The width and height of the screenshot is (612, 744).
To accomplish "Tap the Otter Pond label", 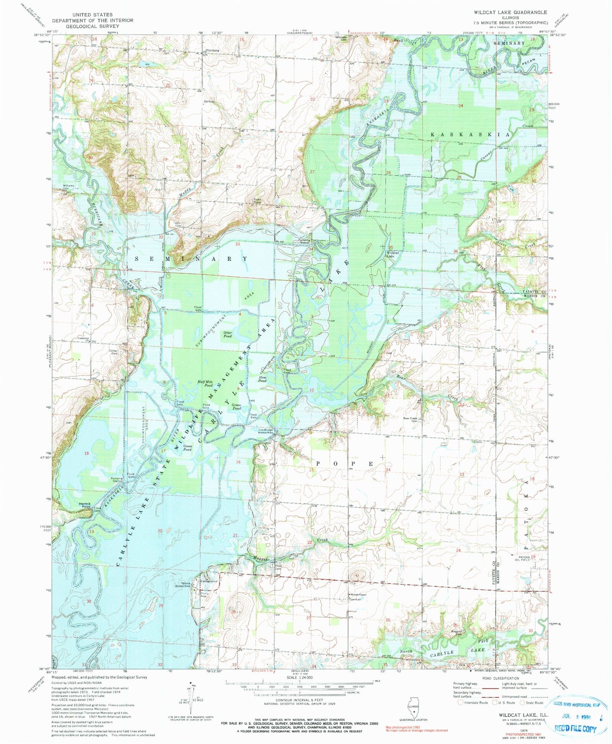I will [227, 334].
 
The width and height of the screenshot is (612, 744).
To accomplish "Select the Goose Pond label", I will [188, 447].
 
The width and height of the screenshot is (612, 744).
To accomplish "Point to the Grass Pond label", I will [236, 407].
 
